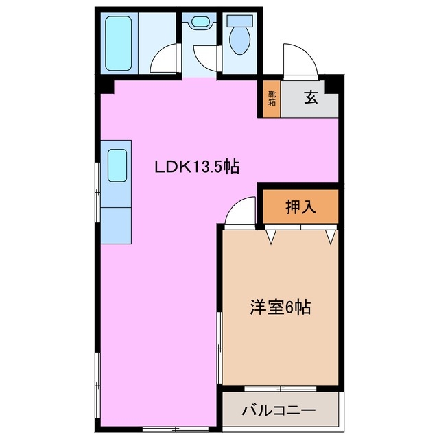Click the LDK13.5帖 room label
(x=196, y=167)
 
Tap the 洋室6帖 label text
(x=279, y=308)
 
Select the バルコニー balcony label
(x=278, y=411)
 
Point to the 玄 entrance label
(x=311, y=98)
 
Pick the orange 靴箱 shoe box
(x=272, y=98)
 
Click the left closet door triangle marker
(x=273, y=237)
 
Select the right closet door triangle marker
(x=331, y=237)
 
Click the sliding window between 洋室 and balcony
(x=281, y=388)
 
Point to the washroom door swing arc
(x=205, y=57)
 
